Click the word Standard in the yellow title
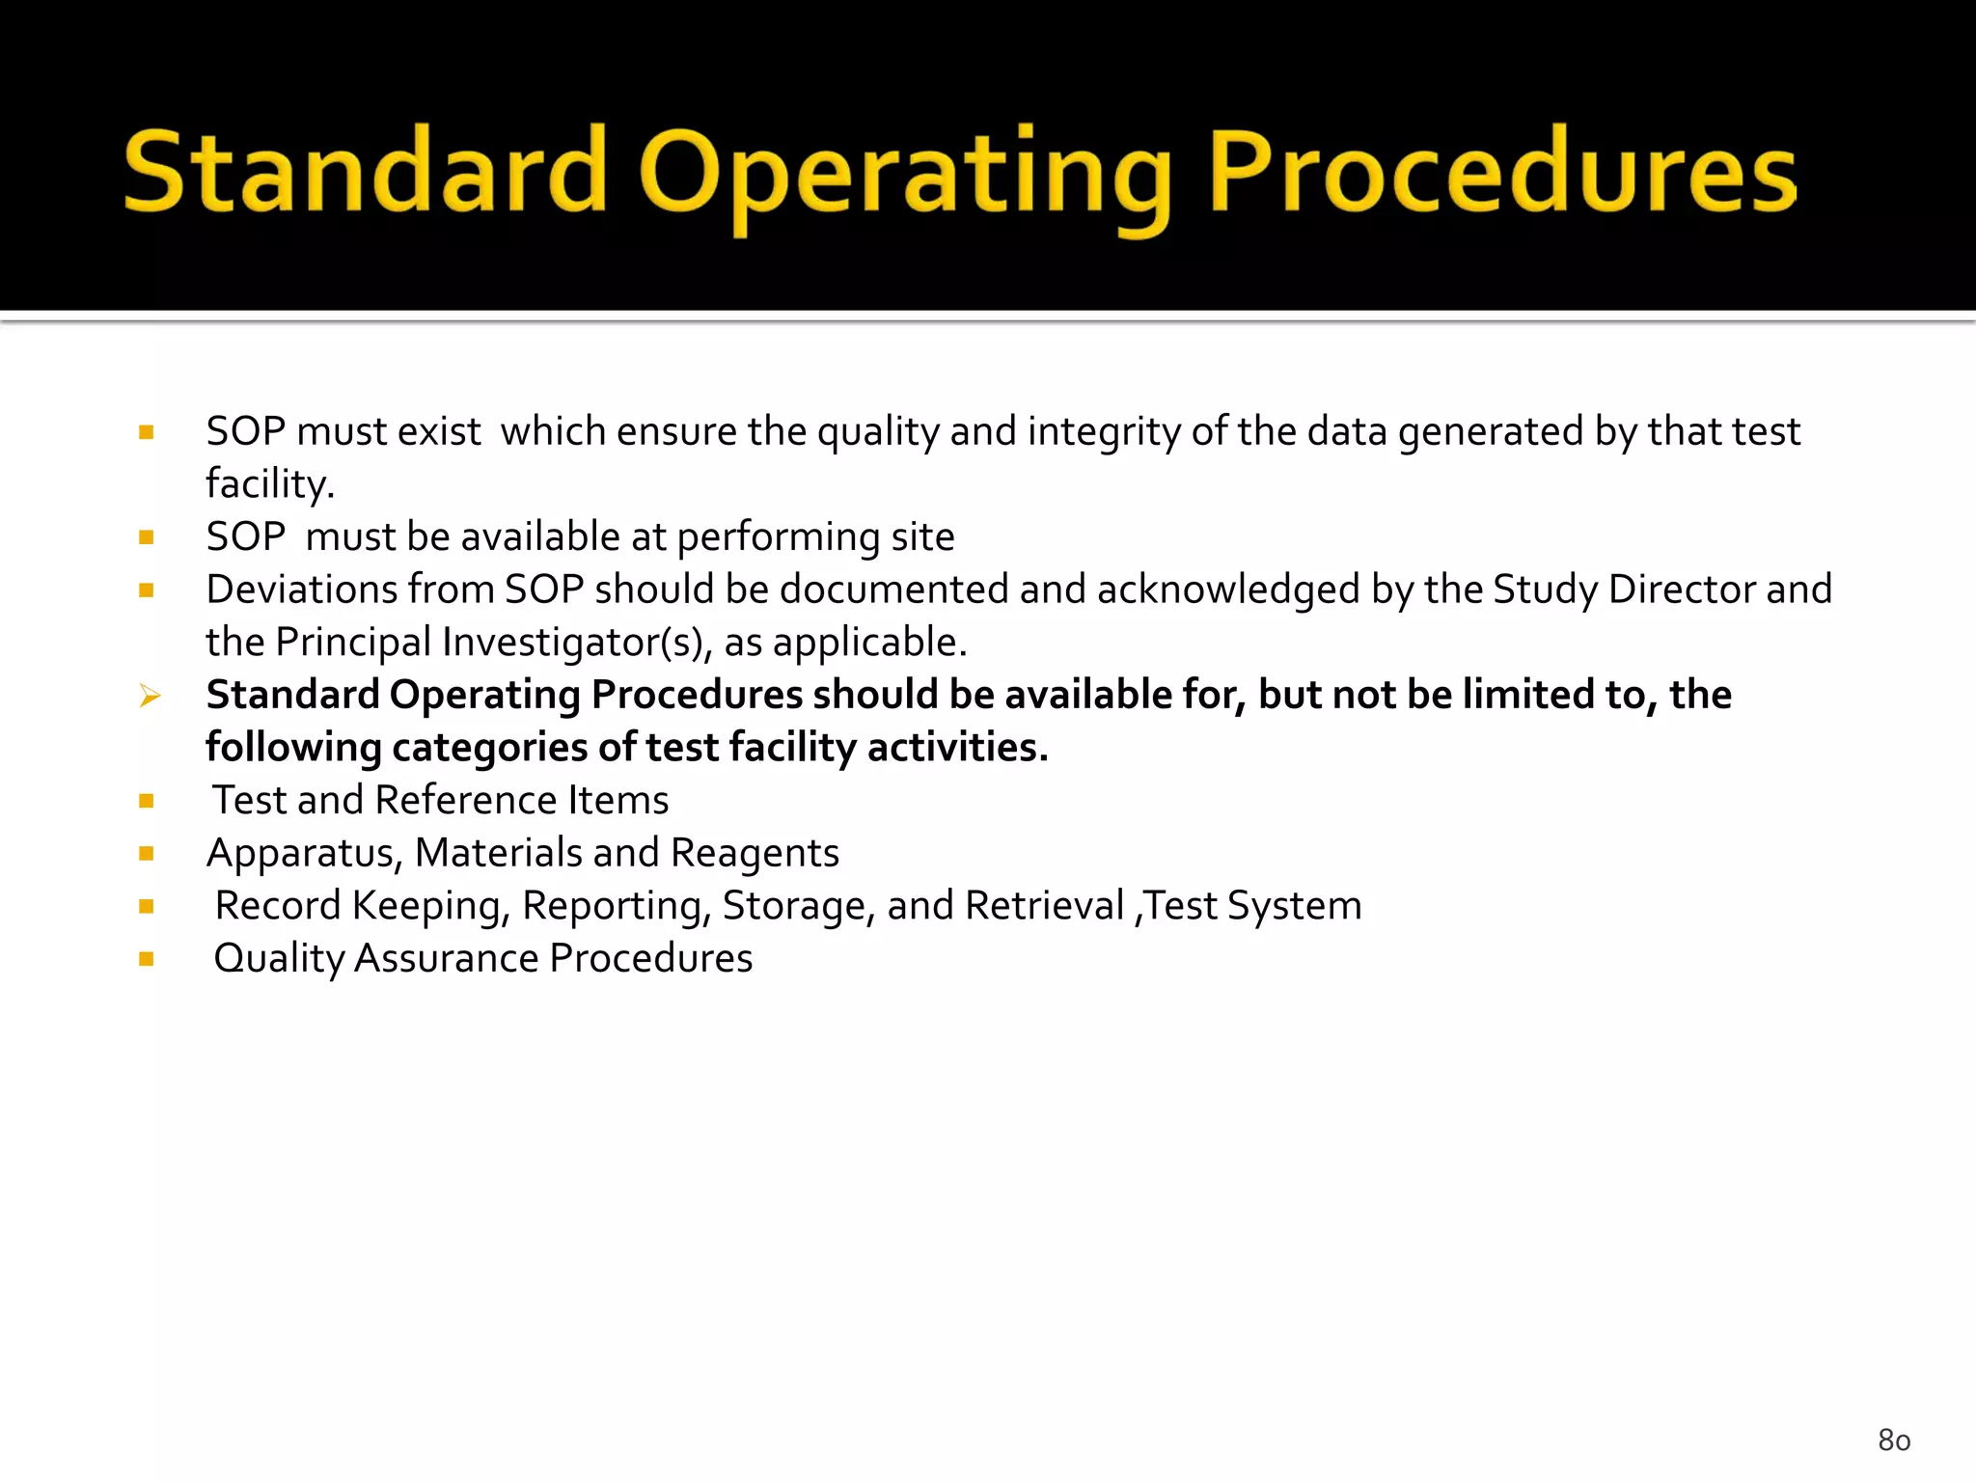[x=365, y=174]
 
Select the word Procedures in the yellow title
[x=1502, y=174]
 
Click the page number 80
[x=1894, y=1441]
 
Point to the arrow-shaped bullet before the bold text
[x=149, y=696]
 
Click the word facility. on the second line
[x=270, y=484]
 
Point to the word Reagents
[x=755, y=854]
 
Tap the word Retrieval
[x=1044, y=906]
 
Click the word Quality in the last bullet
[x=279, y=959]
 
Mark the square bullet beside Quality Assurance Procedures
[x=147, y=959]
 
